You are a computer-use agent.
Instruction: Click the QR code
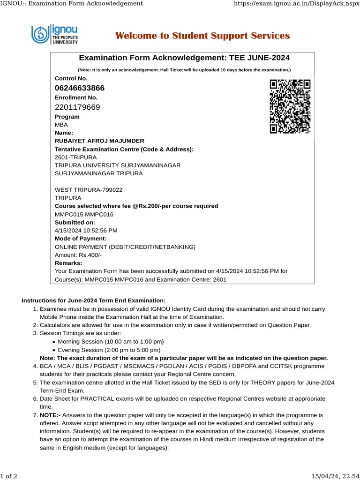coord(290,106)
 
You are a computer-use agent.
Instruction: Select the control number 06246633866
coord(80,88)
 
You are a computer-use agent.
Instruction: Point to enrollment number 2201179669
coord(77,107)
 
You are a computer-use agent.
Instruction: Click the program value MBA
coord(61,125)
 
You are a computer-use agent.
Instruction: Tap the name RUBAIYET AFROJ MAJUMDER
coord(99,141)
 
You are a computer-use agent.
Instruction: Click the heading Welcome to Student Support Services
coord(202,36)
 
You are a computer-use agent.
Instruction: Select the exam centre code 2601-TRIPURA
coord(76,157)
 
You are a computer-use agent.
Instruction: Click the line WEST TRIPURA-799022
coord(89,190)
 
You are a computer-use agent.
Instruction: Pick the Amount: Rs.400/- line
coord(78,255)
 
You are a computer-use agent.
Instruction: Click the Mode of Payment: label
coord(81,239)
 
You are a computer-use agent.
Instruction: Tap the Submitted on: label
coord(75,222)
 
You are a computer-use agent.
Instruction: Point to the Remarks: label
coord(68,263)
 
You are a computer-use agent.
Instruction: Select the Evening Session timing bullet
coord(109,350)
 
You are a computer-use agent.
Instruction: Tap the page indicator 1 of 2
coord(9,476)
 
